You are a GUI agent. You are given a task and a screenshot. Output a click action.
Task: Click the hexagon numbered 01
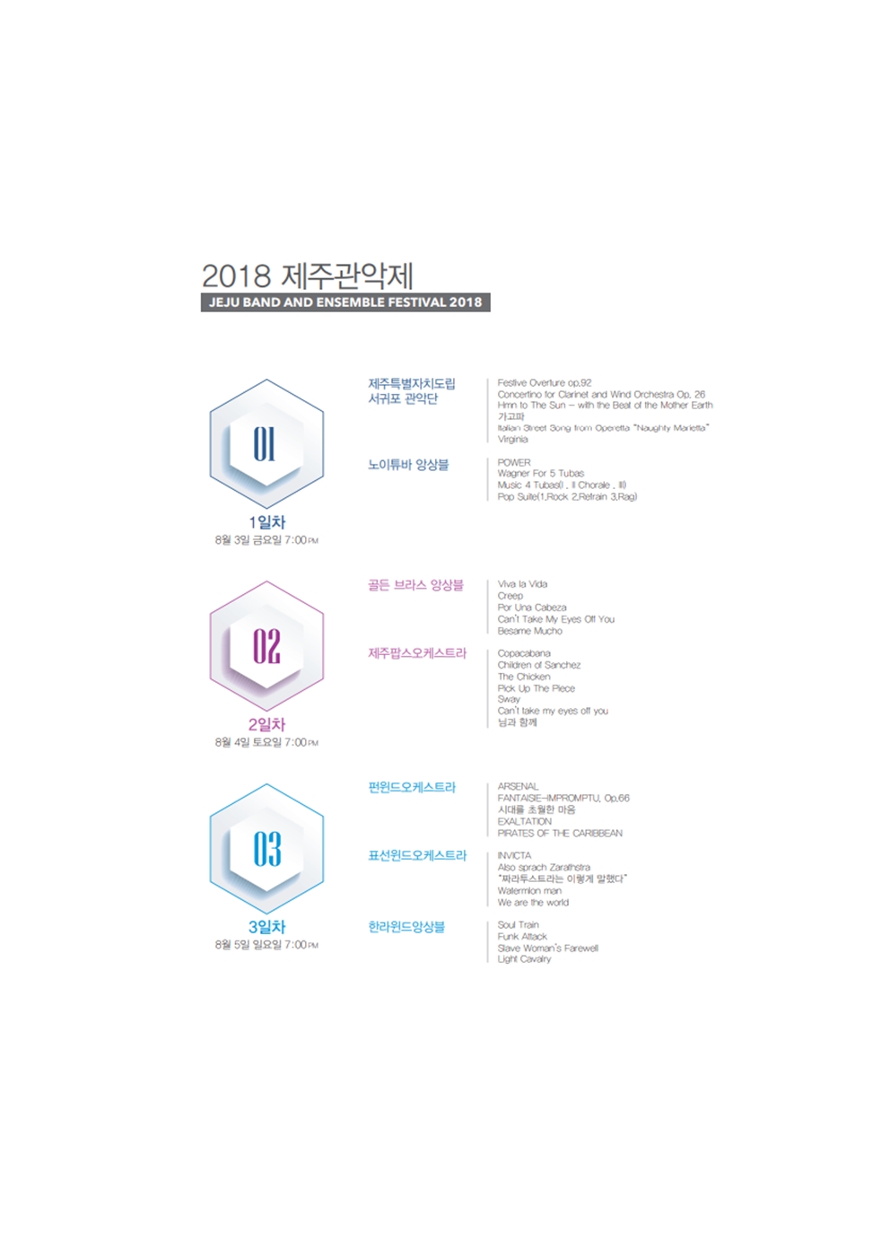point(266,443)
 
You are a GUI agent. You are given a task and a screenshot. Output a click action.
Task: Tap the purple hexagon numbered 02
point(266,646)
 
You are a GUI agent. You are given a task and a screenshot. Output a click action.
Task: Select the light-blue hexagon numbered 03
point(266,848)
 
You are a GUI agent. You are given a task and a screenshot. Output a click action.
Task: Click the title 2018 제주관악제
point(307,275)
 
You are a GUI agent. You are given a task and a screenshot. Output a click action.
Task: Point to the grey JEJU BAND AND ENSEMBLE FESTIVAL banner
point(345,302)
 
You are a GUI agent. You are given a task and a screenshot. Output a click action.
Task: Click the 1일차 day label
point(266,521)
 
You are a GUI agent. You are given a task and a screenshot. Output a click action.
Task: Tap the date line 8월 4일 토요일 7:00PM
point(266,742)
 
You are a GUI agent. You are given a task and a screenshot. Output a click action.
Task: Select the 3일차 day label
point(266,926)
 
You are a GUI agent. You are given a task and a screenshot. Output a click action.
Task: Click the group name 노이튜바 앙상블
point(408,465)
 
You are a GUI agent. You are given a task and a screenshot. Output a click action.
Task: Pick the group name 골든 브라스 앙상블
point(415,585)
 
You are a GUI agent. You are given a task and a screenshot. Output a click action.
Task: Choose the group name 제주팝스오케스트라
point(417,653)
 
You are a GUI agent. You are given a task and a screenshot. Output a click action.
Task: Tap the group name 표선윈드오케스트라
point(417,855)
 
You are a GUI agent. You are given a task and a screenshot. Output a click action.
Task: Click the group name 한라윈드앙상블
point(406,926)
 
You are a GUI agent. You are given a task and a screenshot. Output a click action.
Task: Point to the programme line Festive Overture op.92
point(545,382)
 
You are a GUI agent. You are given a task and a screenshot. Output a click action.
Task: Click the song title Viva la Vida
point(522,584)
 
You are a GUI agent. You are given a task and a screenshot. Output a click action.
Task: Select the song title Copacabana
point(524,653)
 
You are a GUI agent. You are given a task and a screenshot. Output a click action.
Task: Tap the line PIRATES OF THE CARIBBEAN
point(560,833)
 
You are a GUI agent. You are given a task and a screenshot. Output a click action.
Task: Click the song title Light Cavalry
point(524,959)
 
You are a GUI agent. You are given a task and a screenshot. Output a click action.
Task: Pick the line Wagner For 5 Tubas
point(540,473)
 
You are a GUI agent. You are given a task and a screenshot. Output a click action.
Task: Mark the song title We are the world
point(533,903)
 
